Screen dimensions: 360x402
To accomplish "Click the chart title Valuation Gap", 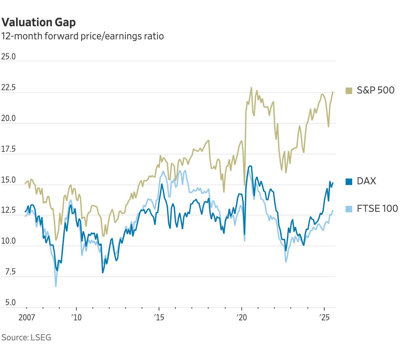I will pos(39,22).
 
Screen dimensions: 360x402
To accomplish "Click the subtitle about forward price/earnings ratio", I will pos(82,36).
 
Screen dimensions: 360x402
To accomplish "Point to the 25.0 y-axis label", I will pos(9,57).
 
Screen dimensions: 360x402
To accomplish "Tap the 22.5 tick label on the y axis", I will pos(9,88).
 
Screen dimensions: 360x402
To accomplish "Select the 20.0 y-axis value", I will pos(9,118).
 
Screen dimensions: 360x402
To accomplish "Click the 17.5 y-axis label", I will pos(9,150).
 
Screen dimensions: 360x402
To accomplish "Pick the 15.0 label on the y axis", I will pos(9,180).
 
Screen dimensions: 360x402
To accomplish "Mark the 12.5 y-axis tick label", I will pos(9,210).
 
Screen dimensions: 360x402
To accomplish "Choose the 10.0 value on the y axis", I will pos(9,241).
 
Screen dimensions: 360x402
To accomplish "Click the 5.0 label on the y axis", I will pos(9,303).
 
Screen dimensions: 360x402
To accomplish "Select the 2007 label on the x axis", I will pos(27,317).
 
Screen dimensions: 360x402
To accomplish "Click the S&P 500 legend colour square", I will pos(349,90).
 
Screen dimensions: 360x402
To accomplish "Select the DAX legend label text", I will pos(366,181).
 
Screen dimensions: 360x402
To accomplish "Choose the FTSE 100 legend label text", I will pos(377,209).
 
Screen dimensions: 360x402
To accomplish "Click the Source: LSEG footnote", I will pos(26,337).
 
